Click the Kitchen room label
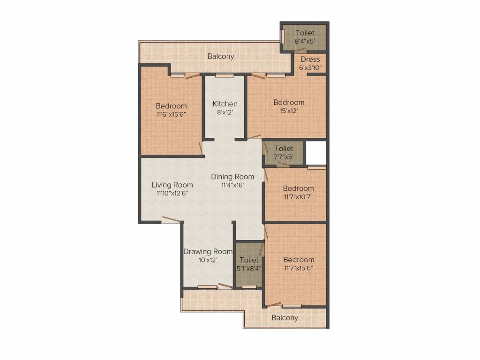225,104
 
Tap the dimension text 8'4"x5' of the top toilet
305,41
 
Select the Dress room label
310,60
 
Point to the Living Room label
162,185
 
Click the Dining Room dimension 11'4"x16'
232,185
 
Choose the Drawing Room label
208,251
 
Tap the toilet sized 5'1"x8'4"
249,264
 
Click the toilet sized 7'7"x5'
284,153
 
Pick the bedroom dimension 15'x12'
289,111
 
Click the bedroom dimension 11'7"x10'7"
298,197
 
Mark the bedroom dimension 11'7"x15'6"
298,268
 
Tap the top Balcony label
221,56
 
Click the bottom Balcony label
285,317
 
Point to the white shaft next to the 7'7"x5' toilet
315,152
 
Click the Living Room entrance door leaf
171,219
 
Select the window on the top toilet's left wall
283,37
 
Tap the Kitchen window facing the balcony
221,75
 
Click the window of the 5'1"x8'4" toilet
249,286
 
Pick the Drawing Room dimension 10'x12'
208,259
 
